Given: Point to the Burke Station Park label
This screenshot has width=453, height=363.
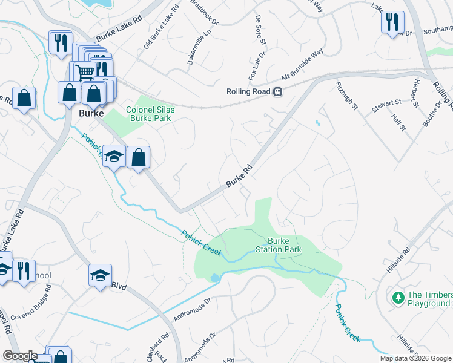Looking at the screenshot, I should tap(278, 244).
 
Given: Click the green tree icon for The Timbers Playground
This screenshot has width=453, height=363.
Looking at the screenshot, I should tap(398, 298).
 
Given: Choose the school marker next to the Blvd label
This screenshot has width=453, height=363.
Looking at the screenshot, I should tap(100, 276).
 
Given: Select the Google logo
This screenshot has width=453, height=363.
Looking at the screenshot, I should tap(20, 356).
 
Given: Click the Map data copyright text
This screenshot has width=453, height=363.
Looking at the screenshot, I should tap(415, 358).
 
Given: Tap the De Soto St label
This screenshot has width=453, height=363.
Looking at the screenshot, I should tap(260, 29).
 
